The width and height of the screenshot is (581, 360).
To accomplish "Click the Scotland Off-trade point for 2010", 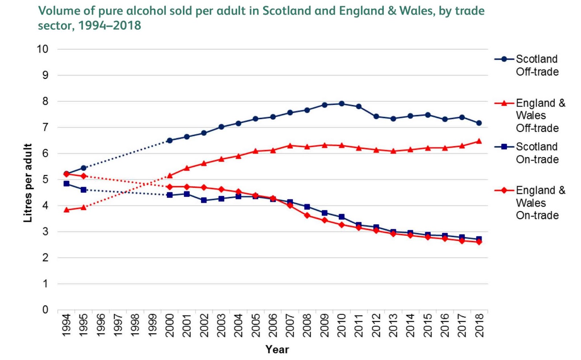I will point(341,104).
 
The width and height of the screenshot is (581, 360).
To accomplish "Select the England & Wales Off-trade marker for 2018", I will point(479,141).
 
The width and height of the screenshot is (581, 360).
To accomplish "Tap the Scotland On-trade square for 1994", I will point(66,184).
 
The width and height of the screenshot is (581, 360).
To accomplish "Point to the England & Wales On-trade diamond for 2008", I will point(307,215).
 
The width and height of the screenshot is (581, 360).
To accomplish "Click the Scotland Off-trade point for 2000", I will point(170,140).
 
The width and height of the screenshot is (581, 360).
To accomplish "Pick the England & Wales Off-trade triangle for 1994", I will point(66,210).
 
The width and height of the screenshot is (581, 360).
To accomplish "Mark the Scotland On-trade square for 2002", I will point(204,200).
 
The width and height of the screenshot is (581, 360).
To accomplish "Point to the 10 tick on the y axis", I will point(42,49).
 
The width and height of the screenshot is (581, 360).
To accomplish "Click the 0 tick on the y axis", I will point(45,310).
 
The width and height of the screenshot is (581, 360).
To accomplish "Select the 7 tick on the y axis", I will point(45,128).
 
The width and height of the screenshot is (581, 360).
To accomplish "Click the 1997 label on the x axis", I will point(118,325).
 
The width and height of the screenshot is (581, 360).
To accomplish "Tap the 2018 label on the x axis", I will point(479,325).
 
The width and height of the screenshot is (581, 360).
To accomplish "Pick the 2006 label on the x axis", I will point(273,325).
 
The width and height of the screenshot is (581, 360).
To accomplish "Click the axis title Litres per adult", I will point(28,183).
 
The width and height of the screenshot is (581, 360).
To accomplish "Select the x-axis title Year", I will point(277,349).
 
